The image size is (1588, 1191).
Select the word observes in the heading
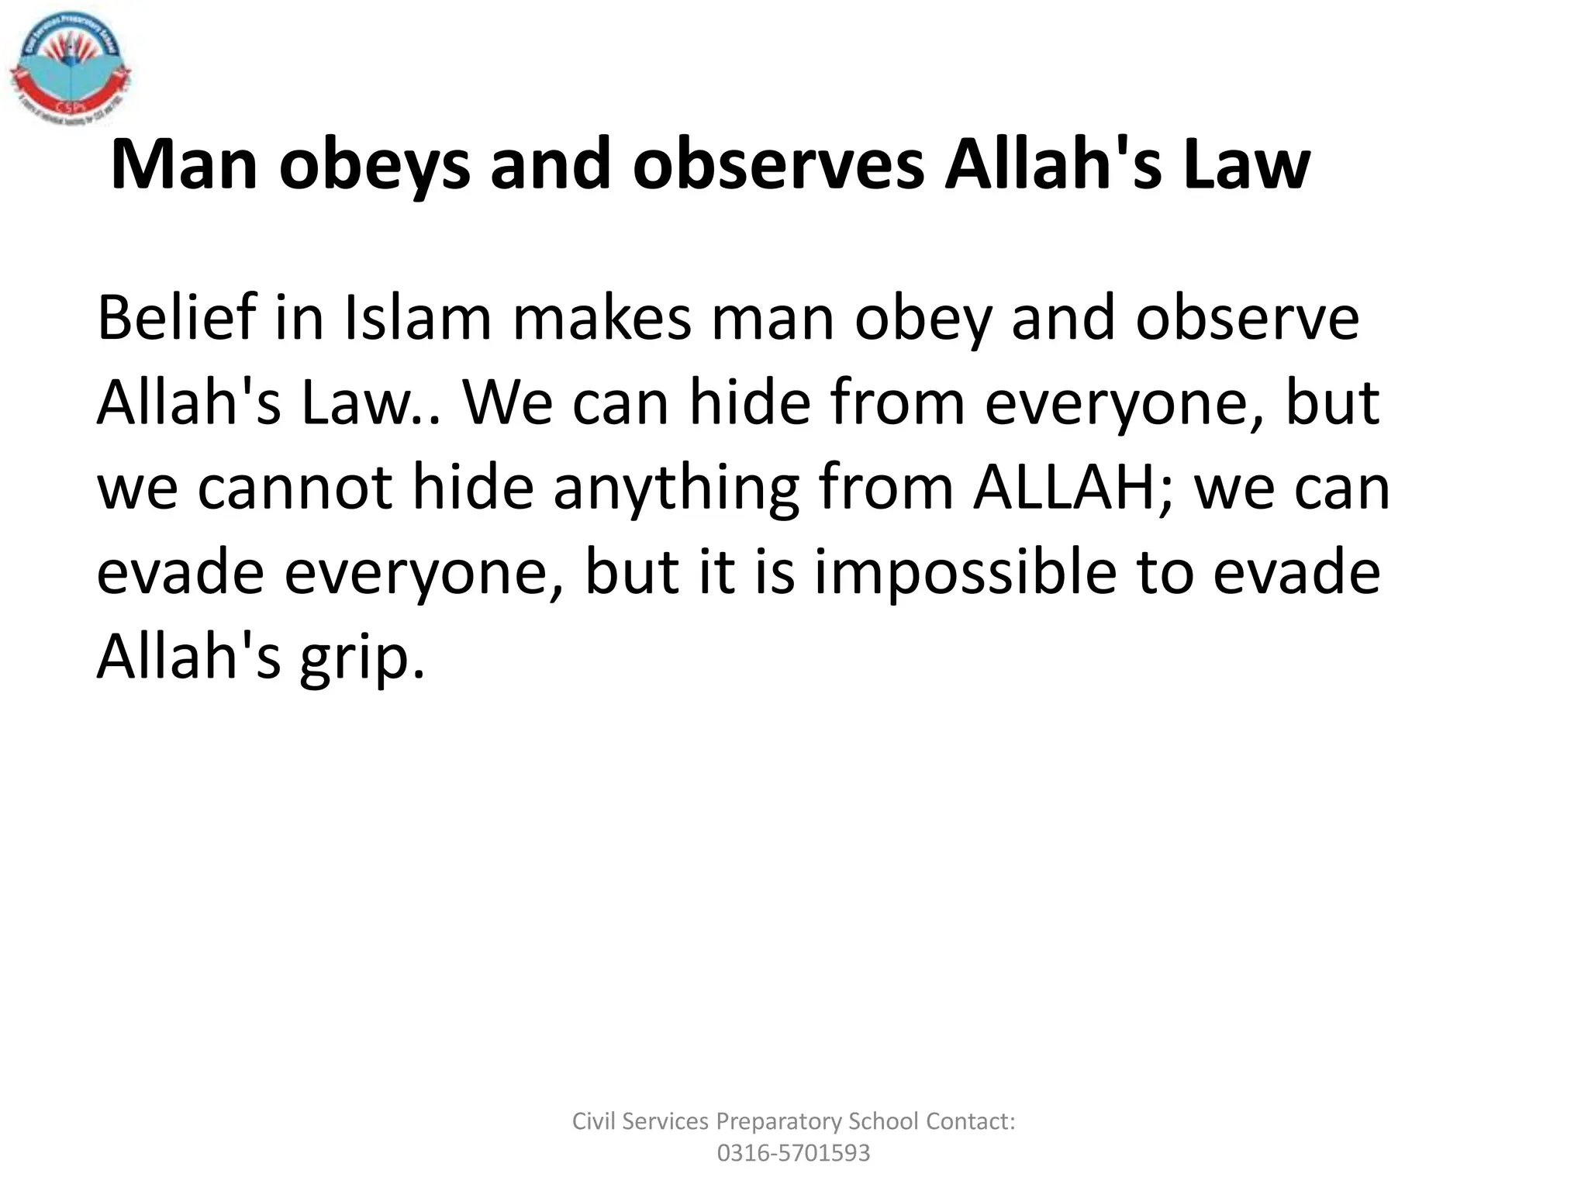point(778,164)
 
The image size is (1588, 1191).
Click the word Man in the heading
point(185,164)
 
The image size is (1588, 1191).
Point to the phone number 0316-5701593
point(793,1153)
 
